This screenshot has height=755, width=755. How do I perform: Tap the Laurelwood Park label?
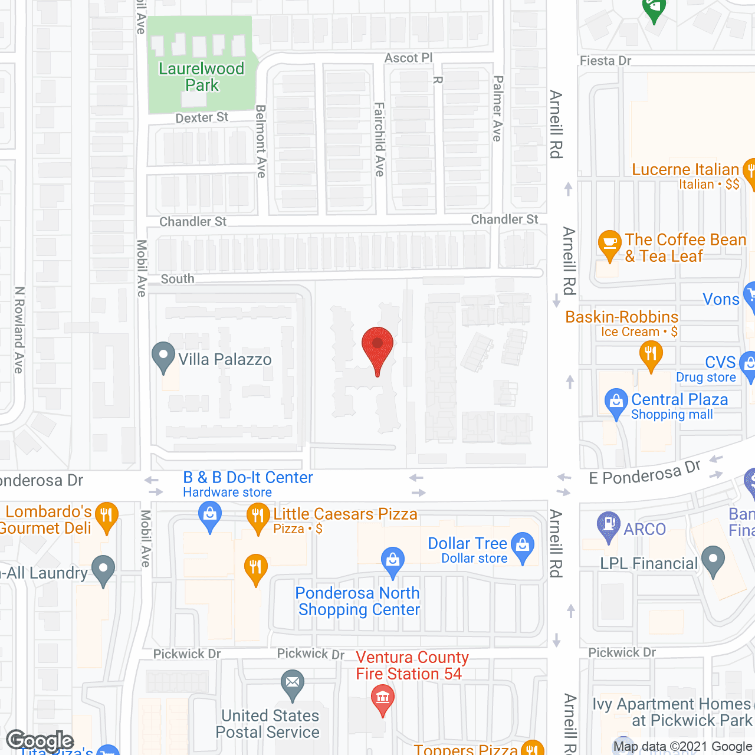(x=201, y=77)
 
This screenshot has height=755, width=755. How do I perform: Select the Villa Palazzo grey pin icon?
(x=163, y=356)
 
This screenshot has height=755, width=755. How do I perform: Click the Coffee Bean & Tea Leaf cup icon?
(x=609, y=243)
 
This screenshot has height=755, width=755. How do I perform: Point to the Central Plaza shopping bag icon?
(x=616, y=402)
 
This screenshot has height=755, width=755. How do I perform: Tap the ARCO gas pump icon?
(x=608, y=524)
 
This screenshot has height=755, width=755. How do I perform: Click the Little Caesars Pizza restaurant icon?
(x=258, y=516)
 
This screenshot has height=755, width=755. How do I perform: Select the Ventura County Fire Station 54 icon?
(x=383, y=698)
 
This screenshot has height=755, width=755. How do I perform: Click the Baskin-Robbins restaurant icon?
(x=651, y=354)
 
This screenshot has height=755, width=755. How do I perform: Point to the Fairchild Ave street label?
(x=379, y=139)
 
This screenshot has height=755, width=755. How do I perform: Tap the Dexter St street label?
(x=202, y=118)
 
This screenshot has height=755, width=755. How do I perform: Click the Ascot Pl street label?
(x=408, y=58)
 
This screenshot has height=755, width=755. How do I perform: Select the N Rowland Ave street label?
(x=19, y=330)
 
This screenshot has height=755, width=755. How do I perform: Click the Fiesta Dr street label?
(x=605, y=61)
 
